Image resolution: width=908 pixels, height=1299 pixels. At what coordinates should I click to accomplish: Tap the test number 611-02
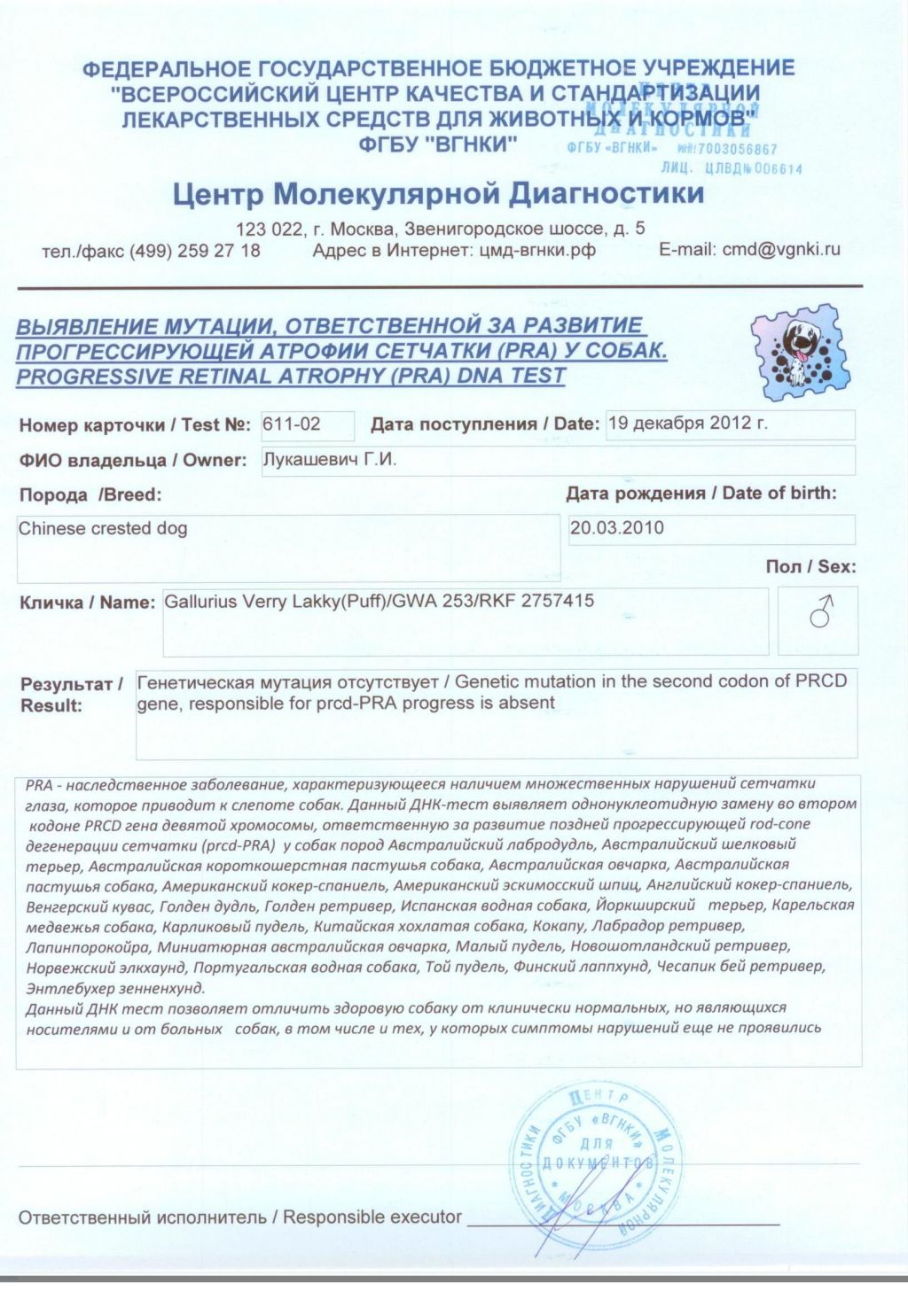click(x=292, y=424)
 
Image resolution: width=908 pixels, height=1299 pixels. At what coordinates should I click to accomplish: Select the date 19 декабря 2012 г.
click(x=687, y=424)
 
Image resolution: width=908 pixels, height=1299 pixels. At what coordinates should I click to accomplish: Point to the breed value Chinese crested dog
click(x=103, y=529)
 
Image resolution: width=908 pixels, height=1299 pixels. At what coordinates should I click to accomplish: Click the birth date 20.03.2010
click(x=617, y=528)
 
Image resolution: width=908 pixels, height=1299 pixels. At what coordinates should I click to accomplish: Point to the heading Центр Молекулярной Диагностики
click(x=438, y=193)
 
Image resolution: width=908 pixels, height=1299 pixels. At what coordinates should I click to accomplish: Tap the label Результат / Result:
click(x=71, y=695)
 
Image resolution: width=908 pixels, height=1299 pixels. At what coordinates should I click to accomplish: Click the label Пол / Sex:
click(x=810, y=567)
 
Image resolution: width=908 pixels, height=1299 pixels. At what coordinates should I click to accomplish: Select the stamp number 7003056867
click(x=738, y=150)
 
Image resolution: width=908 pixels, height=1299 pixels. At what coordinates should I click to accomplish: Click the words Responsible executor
click(x=372, y=1217)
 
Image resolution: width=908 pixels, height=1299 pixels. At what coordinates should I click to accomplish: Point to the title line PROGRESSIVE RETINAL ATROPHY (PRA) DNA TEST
click(x=291, y=376)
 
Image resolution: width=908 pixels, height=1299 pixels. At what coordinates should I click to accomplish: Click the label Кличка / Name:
click(x=87, y=603)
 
